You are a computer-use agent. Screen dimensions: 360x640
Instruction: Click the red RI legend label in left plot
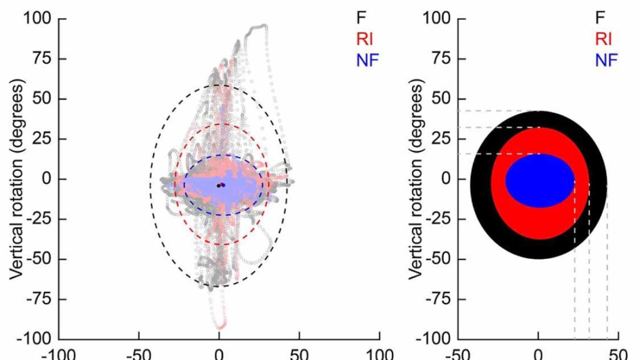pyautogui.click(x=366, y=39)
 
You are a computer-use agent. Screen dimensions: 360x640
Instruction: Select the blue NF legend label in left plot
pyautogui.click(x=367, y=60)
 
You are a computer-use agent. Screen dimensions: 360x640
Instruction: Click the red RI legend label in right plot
pyautogui.click(x=603, y=39)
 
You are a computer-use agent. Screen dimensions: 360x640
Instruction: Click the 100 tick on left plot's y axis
pyautogui.click(x=38, y=19)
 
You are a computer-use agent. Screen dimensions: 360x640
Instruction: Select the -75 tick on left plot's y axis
pyautogui.click(x=39, y=299)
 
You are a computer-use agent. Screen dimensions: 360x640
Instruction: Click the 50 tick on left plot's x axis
pyautogui.click(x=299, y=353)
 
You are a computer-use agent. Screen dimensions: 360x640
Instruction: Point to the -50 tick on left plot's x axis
pyautogui.click(x=137, y=353)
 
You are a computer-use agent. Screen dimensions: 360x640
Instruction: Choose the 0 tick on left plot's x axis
pyautogui.click(x=219, y=353)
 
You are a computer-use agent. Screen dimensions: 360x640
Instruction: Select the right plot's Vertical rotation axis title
pyautogui.click(x=419, y=178)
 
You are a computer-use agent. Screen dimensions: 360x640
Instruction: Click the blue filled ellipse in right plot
pyautogui.click(x=540, y=180)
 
